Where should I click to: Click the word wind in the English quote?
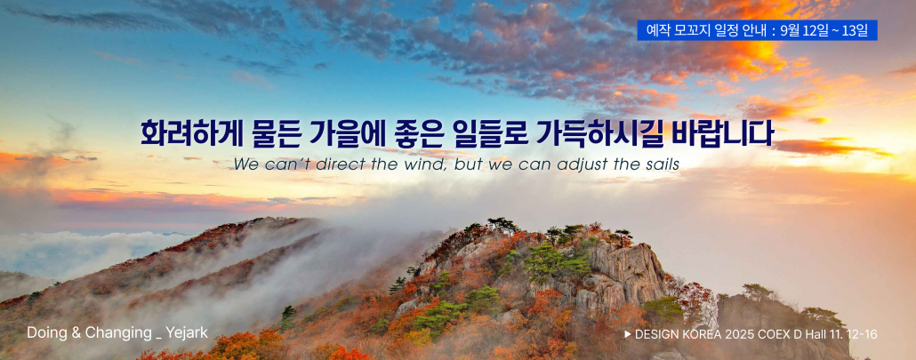click(418, 165)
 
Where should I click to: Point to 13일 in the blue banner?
click(855, 30)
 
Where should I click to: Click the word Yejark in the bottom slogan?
click(187, 333)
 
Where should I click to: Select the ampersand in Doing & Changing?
click(76, 333)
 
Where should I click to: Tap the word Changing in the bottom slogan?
click(118, 333)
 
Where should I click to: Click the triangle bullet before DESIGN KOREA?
click(628, 334)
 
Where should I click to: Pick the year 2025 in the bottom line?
click(739, 334)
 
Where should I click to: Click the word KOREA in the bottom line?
click(703, 334)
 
